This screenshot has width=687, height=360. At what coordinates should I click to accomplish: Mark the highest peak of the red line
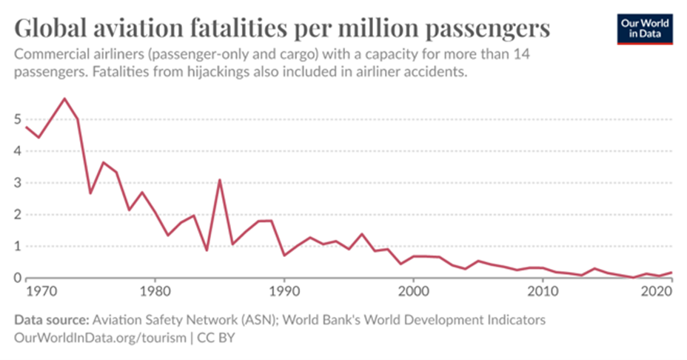click(x=64, y=99)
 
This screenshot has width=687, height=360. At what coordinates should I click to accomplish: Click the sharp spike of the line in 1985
click(x=219, y=179)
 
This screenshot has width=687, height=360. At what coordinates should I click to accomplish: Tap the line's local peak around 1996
click(x=361, y=234)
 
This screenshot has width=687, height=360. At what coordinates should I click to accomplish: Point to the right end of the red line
click(x=671, y=273)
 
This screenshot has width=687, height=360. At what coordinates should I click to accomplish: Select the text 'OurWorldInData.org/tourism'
click(x=93, y=337)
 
